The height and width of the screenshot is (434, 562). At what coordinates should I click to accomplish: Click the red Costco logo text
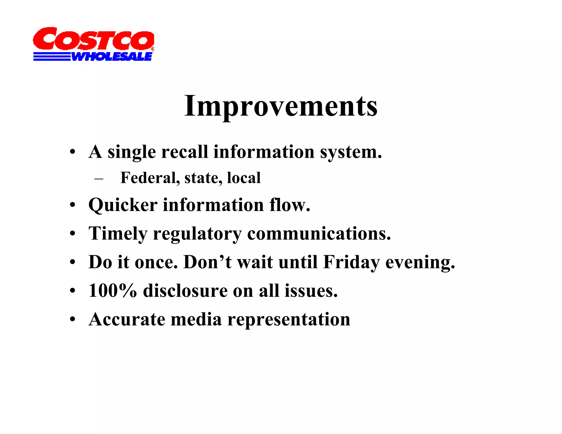click(93, 39)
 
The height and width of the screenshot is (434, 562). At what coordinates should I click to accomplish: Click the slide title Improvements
click(280, 106)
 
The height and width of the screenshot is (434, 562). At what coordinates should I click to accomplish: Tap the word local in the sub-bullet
click(244, 178)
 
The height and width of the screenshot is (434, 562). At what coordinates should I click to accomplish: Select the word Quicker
click(123, 205)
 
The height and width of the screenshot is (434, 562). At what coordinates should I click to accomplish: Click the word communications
click(319, 233)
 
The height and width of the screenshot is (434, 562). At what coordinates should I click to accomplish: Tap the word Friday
click(351, 262)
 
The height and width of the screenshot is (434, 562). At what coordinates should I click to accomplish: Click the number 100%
click(113, 291)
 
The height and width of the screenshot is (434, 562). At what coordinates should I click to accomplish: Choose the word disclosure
click(185, 291)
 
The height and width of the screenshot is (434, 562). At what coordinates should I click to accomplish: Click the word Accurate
click(127, 319)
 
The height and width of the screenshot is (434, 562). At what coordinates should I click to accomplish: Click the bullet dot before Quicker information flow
click(72, 205)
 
